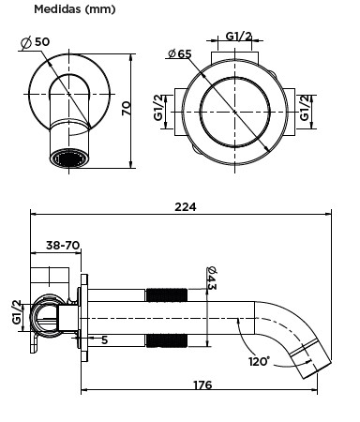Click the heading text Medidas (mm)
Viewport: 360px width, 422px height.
75,9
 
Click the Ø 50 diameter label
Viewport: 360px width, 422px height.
35,42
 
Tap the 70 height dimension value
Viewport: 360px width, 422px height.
127,108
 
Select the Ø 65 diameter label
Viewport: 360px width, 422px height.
179,53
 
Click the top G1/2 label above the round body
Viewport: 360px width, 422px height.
238,37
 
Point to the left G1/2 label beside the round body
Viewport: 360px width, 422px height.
158,108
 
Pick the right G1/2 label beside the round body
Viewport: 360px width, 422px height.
305,108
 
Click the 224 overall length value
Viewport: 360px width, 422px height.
186,206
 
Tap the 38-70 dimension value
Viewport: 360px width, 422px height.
63,245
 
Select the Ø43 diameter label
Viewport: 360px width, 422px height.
212,278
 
